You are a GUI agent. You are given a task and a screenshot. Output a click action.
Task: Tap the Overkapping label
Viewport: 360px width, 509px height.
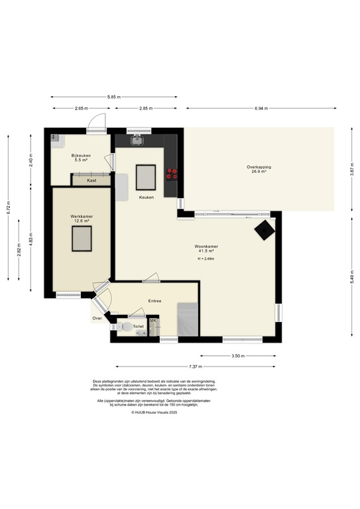259,166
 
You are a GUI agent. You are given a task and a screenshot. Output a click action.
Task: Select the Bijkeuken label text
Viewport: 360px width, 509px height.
81,155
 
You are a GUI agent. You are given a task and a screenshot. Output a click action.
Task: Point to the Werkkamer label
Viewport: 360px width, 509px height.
81,217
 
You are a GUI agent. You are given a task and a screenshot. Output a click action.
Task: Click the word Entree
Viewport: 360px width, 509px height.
154,301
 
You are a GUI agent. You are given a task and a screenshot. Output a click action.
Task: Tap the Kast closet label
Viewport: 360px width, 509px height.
91,180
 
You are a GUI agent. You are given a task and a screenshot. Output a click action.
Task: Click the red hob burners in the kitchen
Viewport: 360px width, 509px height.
172,173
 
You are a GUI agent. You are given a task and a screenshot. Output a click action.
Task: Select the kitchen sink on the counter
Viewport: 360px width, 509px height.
137,140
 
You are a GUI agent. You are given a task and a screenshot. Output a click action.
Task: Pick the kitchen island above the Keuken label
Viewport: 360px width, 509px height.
146,177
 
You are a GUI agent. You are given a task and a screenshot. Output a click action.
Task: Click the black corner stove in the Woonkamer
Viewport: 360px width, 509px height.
265,230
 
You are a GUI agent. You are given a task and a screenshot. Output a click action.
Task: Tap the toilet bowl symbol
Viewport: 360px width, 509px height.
126,327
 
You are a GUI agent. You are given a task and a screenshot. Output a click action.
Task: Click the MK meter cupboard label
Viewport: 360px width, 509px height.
153,321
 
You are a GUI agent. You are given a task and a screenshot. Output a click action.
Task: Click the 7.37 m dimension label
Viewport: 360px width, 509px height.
195,366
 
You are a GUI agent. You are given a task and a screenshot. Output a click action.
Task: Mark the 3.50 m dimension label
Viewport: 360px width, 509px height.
238,356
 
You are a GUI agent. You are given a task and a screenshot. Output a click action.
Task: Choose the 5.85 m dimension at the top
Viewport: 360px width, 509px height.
115,97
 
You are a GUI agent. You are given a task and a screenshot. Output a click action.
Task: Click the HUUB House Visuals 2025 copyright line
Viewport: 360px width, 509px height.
154,412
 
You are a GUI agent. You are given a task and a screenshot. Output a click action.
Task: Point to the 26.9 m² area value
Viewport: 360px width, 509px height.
259,172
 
